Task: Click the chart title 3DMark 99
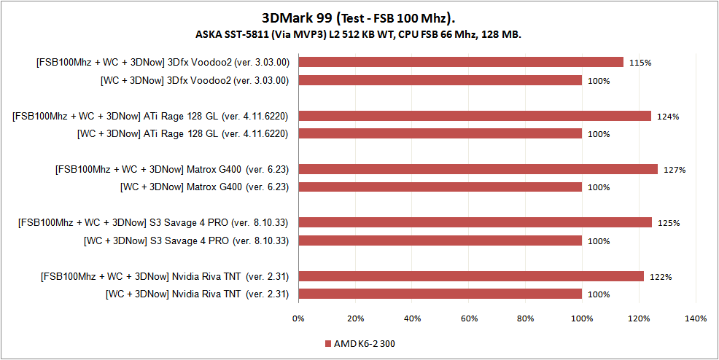pyautogui.click(x=359, y=17)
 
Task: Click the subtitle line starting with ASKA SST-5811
pyautogui.click(x=359, y=34)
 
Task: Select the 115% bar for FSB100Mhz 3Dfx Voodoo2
pyautogui.click(x=461, y=62)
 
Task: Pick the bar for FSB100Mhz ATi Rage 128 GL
pyautogui.click(x=475, y=116)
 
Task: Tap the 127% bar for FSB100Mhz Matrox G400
pyautogui.click(x=478, y=170)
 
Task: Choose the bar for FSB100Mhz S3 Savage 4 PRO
pyautogui.click(x=475, y=223)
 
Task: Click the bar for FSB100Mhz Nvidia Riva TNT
pyautogui.click(x=471, y=276)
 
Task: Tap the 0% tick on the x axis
pyautogui.click(x=298, y=318)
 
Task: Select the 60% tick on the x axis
pyautogui.click(x=469, y=318)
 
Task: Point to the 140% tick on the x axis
pyautogui.click(x=696, y=318)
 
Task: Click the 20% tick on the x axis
pyautogui.click(x=355, y=318)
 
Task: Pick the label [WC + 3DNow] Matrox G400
pyautogui.click(x=204, y=187)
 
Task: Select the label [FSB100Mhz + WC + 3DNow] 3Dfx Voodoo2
pyautogui.click(x=163, y=63)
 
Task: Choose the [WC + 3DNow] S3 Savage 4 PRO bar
pyautogui.click(x=440, y=240)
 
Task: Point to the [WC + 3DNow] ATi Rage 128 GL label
pyautogui.click(x=183, y=134)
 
